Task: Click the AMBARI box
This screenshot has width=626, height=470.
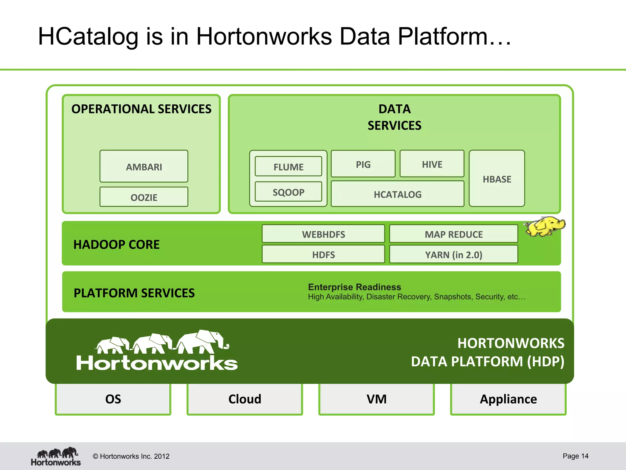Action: click(x=144, y=166)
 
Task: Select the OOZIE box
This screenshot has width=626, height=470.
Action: click(x=144, y=197)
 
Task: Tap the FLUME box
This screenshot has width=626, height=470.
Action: click(x=288, y=166)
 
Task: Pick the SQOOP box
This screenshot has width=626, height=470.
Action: click(x=288, y=192)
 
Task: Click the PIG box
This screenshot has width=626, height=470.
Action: click(x=363, y=164)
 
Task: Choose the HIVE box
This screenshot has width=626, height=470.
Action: click(x=432, y=164)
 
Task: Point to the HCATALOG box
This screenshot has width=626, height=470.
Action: click(x=397, y=194)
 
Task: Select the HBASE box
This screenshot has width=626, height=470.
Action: click(x=497, y=179)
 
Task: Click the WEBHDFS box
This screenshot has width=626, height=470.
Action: click(x=323, y=234)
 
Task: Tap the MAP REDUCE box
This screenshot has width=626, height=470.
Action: click(x=453, y=234)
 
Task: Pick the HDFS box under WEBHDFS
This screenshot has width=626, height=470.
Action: click(x=323, y=254)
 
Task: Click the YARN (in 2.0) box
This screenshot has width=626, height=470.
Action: click(x=453, y=254)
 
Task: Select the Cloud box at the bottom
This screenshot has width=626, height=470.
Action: click(x=245, y=399)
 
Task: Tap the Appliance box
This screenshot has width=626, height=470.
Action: click(x=508, y=399)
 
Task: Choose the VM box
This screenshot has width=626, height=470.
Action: click(x=376, y=399)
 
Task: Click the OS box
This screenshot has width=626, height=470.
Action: click(x=113, y=399)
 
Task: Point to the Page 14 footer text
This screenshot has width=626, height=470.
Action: click(x=575, y=456)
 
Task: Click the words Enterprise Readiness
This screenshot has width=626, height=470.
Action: click(x=354, y=287)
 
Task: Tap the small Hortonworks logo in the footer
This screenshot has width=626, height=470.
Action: click(x=56, y=456)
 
